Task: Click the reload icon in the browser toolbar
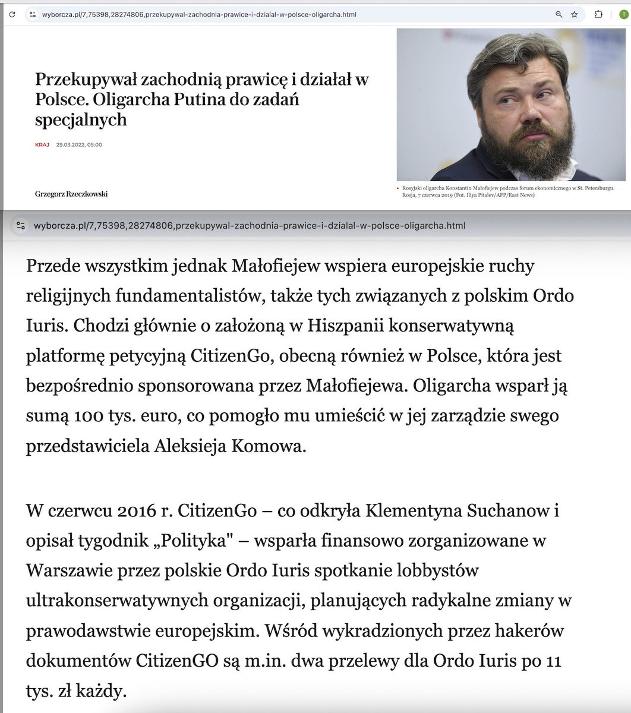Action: click(12, 14)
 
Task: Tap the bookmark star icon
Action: click(575, 14)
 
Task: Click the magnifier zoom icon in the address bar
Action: click(559, 14)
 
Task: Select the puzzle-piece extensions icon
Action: click(598, 14)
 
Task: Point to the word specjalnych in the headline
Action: click(81, 119)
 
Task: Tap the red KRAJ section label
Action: click(42, 145)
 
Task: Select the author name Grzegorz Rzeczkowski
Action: click(71, 194)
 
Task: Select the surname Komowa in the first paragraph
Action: click(273, 446)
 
